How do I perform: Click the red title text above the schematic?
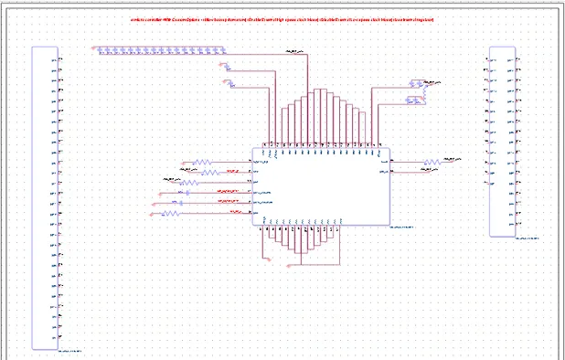coord(282,19)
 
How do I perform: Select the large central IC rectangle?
coord(321,186)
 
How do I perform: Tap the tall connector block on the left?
coord(45,197)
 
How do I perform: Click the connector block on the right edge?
coord(502,142)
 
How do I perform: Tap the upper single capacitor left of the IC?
coord(187,193)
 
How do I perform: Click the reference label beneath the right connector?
coord(527,238)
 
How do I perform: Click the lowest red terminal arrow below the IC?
coord(289,266)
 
